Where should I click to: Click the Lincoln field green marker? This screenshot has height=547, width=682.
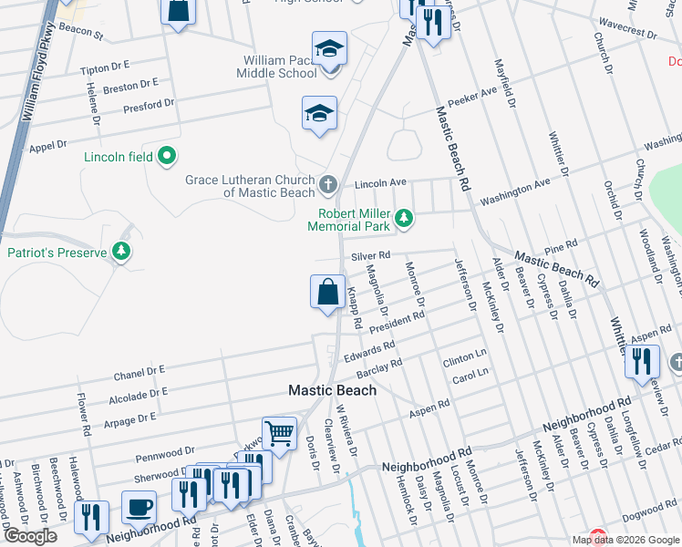167,157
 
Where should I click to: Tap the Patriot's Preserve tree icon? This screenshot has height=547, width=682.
119,252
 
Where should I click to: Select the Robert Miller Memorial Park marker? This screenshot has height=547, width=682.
403,219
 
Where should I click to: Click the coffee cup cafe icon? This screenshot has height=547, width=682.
139,507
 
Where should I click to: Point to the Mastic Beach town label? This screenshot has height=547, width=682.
332,389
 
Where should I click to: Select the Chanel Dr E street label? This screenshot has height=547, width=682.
139,373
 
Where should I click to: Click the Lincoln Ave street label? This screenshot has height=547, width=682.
380,182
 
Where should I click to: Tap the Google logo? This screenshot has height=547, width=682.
30,536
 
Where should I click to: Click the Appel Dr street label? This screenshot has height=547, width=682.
48,145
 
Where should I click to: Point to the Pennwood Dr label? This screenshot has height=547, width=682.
165,450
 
